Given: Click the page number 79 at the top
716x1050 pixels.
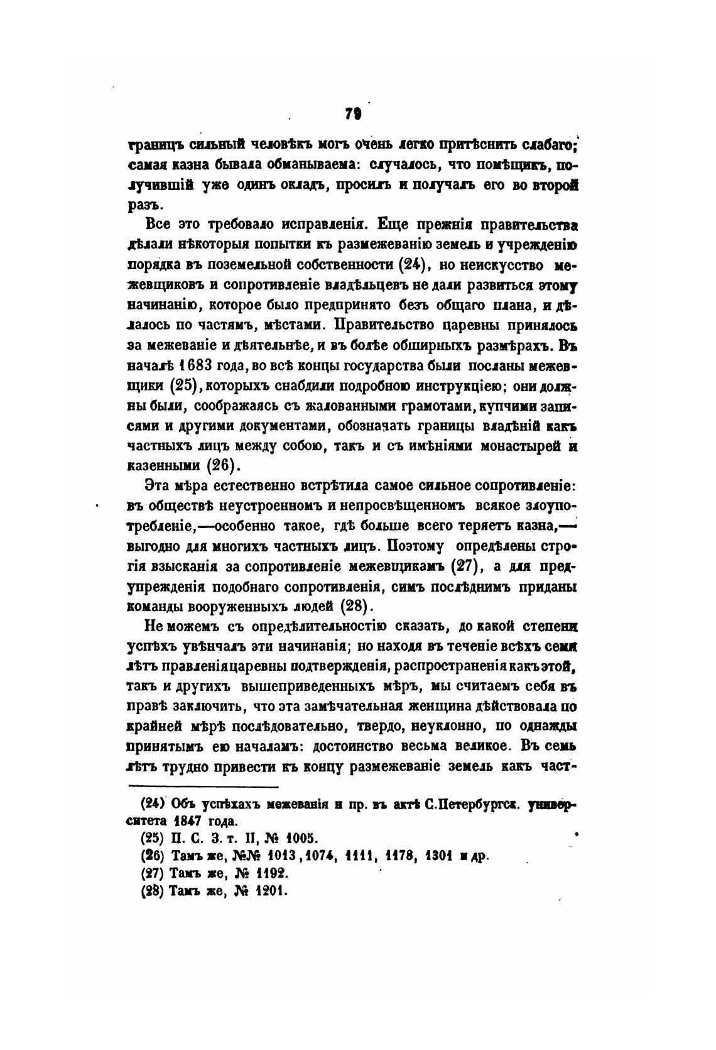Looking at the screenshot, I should (x=352, y=114).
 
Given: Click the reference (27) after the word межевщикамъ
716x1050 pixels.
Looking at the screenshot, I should (x=466, y=566).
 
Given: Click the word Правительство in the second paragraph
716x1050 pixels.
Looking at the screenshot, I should (x=385, y=325).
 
